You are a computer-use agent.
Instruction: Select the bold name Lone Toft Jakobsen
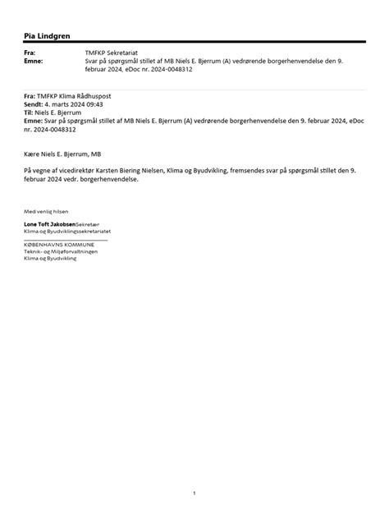(x=49, y=224)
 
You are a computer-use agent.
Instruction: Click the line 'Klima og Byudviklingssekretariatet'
(x=67, y=232)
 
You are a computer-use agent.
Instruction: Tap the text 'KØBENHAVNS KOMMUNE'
(x=59, y=245)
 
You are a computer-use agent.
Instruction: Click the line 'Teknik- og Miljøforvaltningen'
(x=61, y=251)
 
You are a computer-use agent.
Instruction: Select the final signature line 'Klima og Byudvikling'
(x=49, y=258)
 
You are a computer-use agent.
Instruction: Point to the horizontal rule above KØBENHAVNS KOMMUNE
(x=66, y=239)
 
